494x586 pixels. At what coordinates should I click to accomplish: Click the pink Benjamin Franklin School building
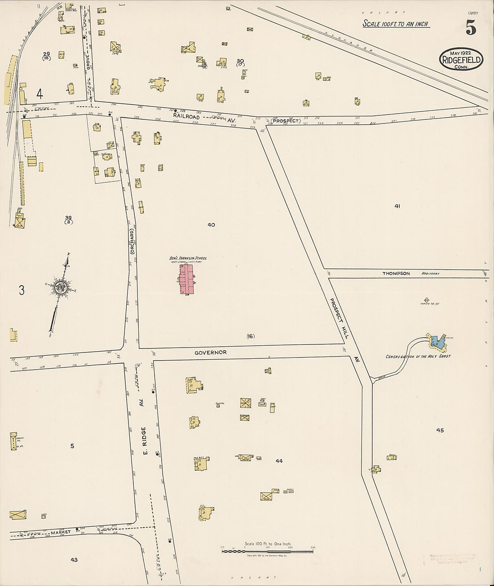(187, 279)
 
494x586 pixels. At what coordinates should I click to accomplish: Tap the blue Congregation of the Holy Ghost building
(438, 343)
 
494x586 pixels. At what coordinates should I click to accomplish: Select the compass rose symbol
(60, 288)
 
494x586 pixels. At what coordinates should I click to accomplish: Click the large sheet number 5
(471, 28)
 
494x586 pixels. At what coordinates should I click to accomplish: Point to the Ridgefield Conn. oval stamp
(461, 59)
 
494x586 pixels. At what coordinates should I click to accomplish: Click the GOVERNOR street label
(210, 352)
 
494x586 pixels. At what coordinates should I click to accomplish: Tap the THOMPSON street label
(396, 273)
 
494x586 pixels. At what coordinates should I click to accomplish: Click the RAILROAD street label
(186, 116)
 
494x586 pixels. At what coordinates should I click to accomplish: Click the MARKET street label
(61, 532)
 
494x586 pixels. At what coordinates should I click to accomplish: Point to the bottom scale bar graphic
(267, 550)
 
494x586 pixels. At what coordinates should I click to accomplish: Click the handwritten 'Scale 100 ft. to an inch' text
(395, 24)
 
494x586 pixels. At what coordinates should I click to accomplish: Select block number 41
(397, 206)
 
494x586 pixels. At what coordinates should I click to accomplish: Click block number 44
(279, 461)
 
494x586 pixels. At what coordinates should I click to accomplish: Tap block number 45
(440, 430)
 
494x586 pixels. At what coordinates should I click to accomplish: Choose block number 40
(211, 225)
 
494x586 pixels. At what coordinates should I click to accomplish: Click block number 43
(74, 560)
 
